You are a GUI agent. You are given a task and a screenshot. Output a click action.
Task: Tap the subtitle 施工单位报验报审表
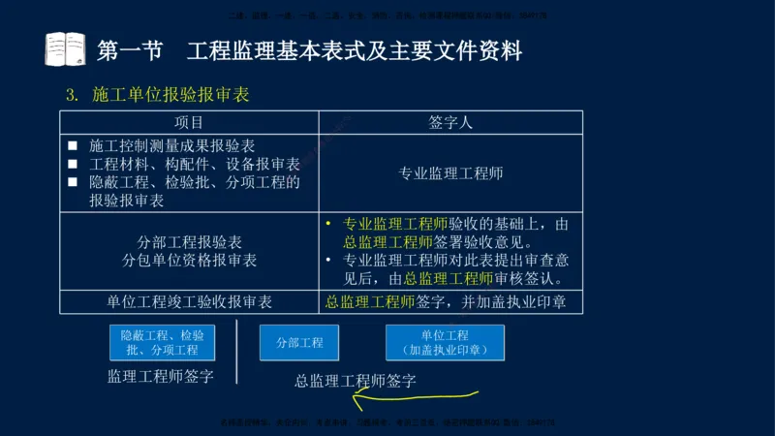(171, 95)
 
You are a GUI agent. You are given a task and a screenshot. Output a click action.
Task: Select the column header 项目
(189, 123)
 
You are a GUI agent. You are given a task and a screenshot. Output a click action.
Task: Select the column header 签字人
(450, 123)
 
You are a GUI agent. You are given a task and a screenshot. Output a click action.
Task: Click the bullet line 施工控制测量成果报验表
(171, 145)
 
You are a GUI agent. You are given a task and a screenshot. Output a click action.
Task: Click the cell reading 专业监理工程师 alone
(450, 173)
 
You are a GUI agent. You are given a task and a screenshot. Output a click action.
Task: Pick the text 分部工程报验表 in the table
(190, 241)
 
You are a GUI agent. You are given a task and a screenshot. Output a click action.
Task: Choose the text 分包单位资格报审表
(190, 260)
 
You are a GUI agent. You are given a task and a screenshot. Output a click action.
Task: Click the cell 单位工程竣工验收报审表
(190, 301)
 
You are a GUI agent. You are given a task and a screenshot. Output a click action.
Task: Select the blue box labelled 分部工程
(299, 342)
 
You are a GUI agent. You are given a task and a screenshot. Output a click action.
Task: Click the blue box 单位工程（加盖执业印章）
(445, 342)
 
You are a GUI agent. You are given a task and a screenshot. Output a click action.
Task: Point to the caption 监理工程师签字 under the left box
(161, 376)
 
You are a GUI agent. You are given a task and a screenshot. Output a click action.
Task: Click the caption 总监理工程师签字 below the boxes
(356, 380)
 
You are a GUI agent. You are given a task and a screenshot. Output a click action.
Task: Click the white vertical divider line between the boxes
(237, 351)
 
